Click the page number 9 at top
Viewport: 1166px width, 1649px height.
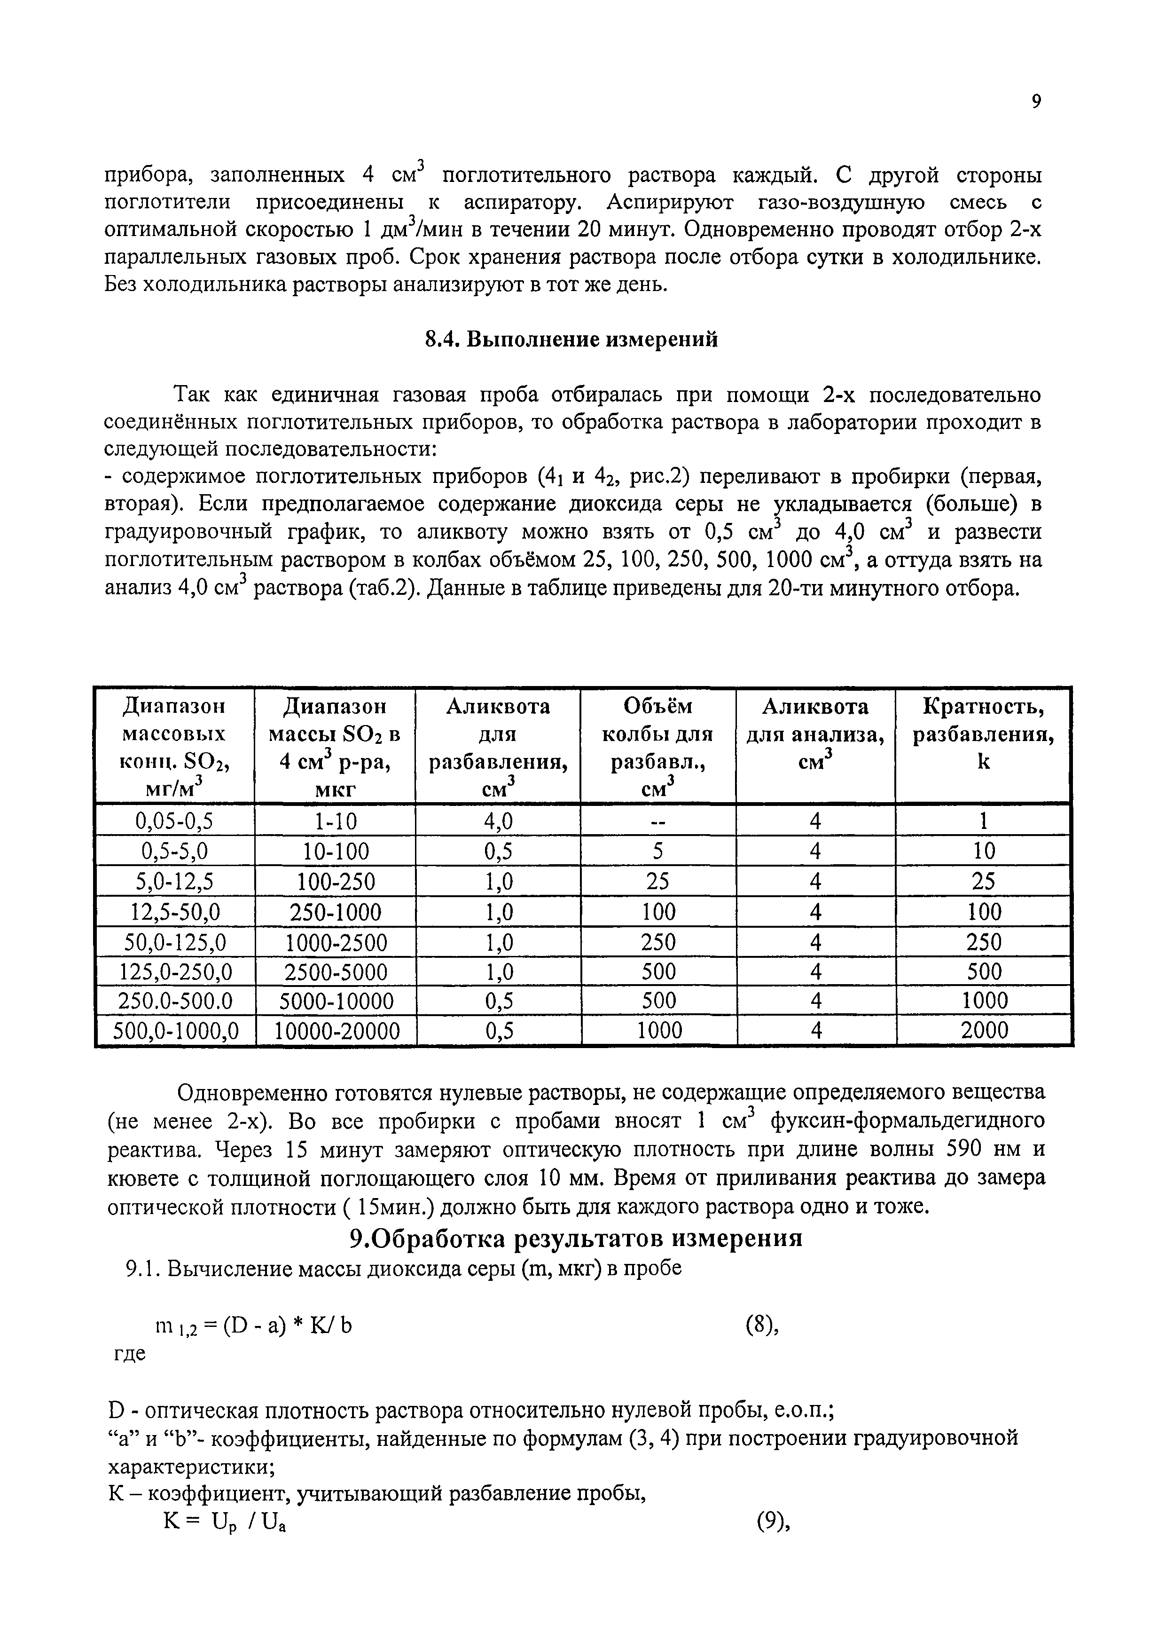pos(1035,102)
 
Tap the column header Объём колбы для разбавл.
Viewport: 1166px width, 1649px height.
pos(657,747)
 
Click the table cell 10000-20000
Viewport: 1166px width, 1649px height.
pos(336,1031)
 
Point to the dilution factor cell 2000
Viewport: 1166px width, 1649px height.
pos(984,1031)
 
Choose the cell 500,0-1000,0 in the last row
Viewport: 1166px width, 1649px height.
pos(176,1031)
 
